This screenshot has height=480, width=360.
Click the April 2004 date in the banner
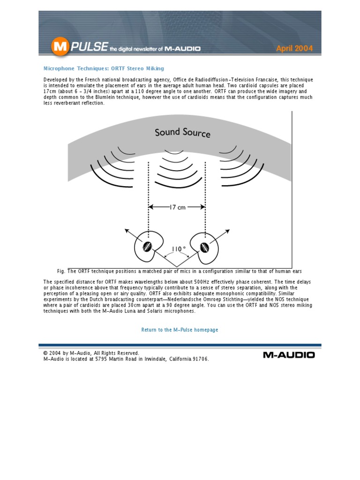click(x=294, y=48)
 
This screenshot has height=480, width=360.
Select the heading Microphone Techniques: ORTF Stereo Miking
click(x=104, y=68)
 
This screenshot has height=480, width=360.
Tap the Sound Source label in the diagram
click(x=182, y=133)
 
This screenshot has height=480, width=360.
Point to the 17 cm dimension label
click(x=177, y=207)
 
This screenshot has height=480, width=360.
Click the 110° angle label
click(x=179, y=248)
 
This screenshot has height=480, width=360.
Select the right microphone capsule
click(x=205, y=247)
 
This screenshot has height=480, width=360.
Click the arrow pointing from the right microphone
click(x=224, y=233)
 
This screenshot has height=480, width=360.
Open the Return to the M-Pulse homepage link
click(x=180, y=330)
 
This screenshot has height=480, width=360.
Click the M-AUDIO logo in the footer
click(x=288, y=355)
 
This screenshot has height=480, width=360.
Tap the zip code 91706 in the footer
click(x=200, y=359)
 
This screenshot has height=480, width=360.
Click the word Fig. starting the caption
click(x=61, y=271)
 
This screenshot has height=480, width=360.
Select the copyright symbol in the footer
click(x=45, y=353)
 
